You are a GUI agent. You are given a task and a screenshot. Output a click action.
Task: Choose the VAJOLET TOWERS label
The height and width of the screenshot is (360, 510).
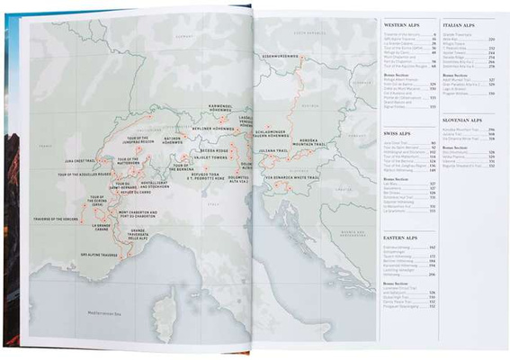211,156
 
